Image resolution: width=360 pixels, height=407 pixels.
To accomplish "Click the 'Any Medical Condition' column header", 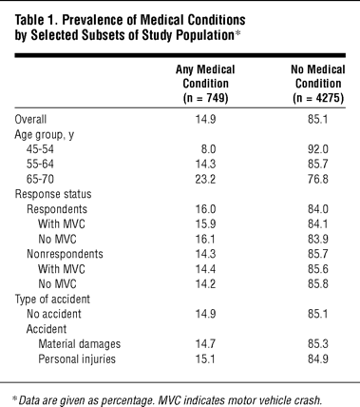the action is (205, 84).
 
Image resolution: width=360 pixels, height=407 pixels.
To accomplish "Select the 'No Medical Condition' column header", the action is (318, 84).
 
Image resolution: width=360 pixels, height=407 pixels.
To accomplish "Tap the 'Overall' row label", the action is (30, 120).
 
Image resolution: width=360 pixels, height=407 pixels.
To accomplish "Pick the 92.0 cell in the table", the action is (318, 149).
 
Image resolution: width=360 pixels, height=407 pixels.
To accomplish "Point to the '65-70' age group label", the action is (40, 179).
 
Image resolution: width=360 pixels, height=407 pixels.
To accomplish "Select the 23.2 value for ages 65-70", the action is (205, 179).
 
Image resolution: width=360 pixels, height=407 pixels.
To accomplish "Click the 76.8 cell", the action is (318, 179).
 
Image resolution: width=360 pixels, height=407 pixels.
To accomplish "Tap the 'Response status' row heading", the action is (53, 194).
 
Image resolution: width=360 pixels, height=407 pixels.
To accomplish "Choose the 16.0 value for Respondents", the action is (205, 209).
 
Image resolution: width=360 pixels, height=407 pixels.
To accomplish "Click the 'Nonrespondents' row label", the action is (65, 254).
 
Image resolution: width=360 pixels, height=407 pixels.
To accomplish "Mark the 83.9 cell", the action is (318, 239).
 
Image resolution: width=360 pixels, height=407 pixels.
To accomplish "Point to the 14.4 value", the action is (205, 269).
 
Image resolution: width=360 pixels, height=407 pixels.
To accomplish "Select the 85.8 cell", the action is (318, 284).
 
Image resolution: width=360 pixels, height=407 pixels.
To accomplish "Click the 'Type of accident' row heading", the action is (52, 300).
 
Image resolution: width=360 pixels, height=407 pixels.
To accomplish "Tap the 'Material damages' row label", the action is (80, 344).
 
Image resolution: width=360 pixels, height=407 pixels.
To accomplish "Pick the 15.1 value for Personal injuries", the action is (205, 359).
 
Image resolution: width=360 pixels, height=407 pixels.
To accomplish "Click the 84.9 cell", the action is (318, 359).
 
